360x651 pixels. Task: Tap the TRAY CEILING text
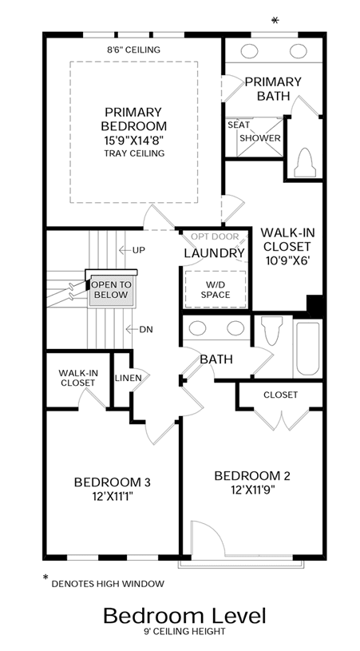[x=134, y=153]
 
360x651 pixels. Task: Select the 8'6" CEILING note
[x=133, y=50]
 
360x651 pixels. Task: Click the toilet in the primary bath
[x=305, y=162]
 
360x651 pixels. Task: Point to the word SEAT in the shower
[x=239, y=125]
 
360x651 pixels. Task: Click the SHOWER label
[x=260, y=138]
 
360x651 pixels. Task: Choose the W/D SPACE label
[x=216, y=290]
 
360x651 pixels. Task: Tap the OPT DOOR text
[x=215, y=236]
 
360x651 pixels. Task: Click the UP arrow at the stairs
[x=125, y=250]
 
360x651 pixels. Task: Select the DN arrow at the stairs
[x=132, y=330]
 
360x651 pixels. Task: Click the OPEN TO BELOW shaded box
[x=111, y=290]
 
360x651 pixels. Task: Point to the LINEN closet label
[x=129, y=378]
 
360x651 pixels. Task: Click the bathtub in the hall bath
[x=307, y=348]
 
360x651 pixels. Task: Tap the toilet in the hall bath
[x=272, y=331]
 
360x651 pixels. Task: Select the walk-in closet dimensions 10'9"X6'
[x=287, y=260]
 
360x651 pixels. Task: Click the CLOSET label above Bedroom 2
[x=280, y=395]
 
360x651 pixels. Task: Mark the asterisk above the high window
[x=275, y=20]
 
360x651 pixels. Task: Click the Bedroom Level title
[x=184, y=616]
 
